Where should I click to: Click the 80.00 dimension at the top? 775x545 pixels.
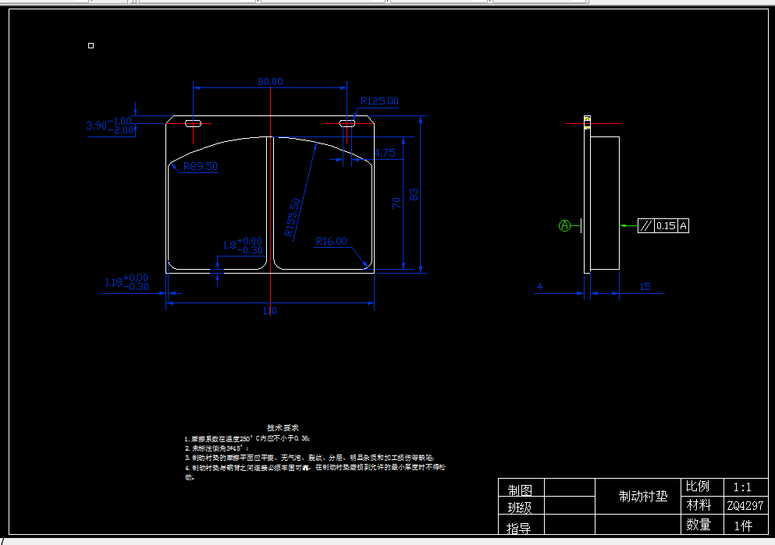tap(270, 81)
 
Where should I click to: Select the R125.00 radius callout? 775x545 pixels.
tap(379, 101)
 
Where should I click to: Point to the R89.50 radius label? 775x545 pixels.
tap(201, 166)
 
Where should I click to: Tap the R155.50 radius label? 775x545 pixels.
tap(293, 218)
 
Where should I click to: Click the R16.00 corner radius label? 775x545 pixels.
tap(331, 242)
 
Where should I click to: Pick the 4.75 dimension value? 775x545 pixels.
tap(385, 154)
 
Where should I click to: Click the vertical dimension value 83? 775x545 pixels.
tap(414, 194)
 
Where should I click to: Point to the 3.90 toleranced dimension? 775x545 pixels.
tap(97, 125)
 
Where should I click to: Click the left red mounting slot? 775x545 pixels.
tap(193, 123)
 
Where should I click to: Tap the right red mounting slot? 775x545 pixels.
tap(348, 122)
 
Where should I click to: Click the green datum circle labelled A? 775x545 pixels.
tap(565, 226)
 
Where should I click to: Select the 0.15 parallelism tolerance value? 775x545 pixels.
tap(666, 226)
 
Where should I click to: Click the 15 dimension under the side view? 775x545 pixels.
tap(645, 287)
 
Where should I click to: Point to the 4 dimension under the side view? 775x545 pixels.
tap(539, 287)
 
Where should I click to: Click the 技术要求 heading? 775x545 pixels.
tap(277, 428)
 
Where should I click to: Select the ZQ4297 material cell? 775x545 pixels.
tap(745, 506)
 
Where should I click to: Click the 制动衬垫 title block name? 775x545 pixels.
tap(643, 496)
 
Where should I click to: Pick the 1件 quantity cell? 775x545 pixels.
tap(742, 525)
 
